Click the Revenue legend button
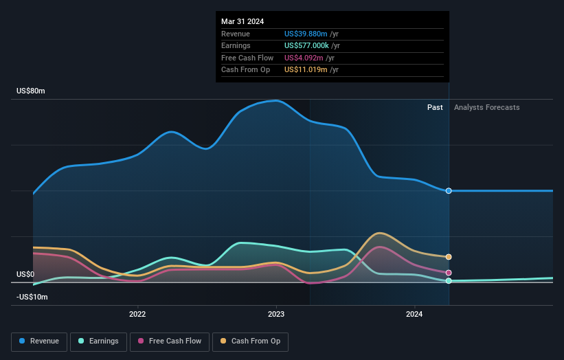tap(39, 341)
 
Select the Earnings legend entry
tap(98, 341)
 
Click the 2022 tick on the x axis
tap(137, 315)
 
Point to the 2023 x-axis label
tap(276, 315)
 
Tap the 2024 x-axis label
tap(414, 315)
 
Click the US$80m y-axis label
tap(31, 91)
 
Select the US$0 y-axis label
tap(26, 274)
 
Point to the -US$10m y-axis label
tap(32, 297)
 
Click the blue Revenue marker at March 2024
tap(449, 191)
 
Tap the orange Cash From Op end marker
tap(449, 257)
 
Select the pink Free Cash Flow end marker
tap(449, 273)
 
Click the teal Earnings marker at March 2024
tap(449, 281)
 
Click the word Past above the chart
tap(435, 107)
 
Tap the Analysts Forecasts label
tap(486, 107)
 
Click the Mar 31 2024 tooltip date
tap(242, 21)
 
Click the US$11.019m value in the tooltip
tap(306, 70)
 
